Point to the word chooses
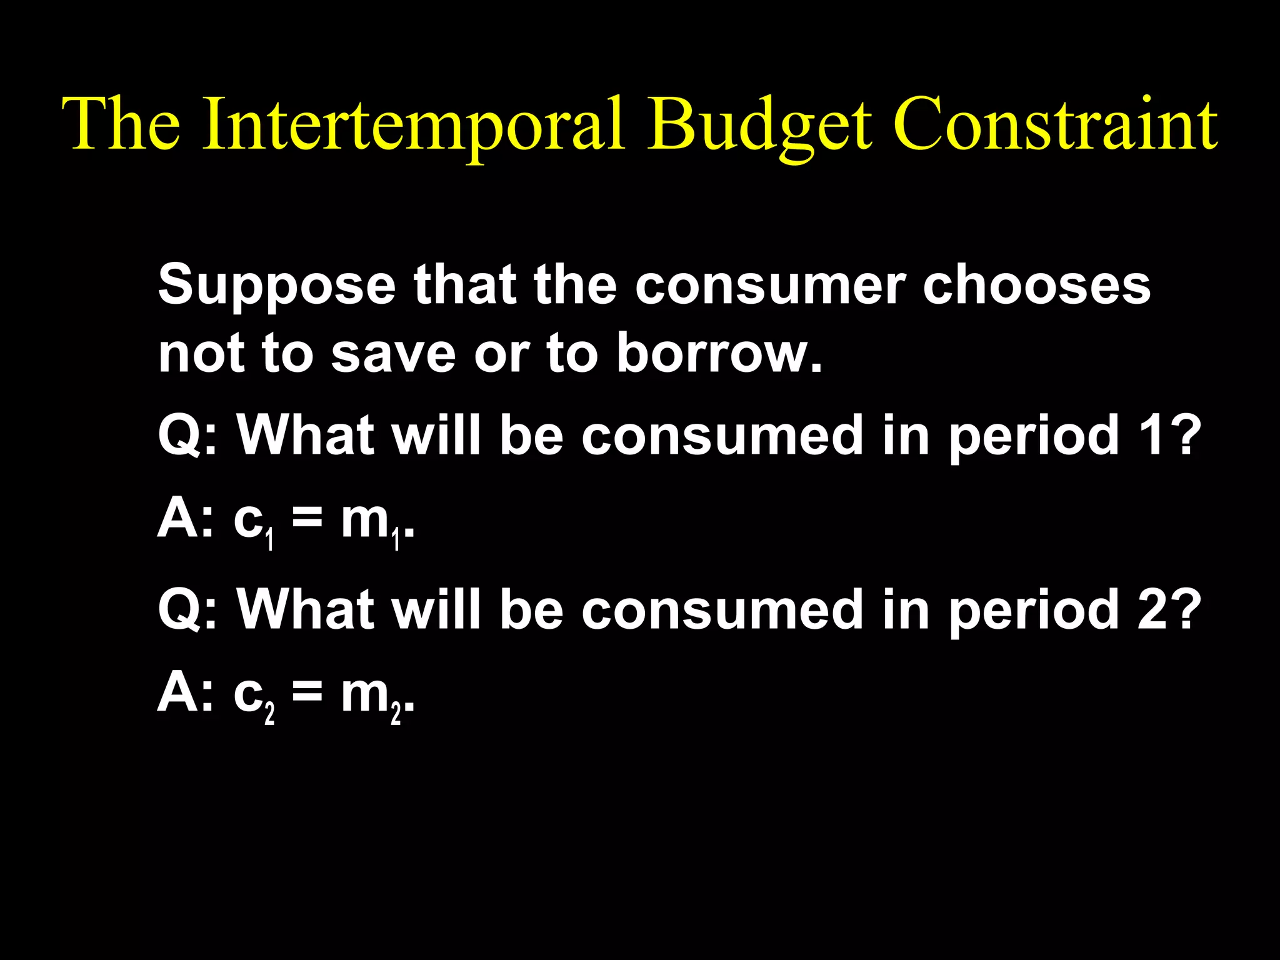click(x=1036, y=285)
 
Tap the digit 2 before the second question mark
click(x=1151, y=609)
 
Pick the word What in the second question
click(x=306, y=609)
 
